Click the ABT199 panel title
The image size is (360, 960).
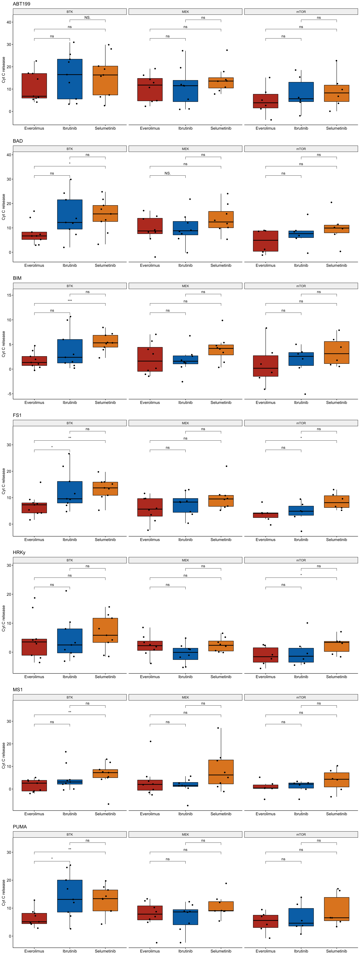click(x=22, y=4)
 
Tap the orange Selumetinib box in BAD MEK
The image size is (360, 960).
click(x=221, y=219)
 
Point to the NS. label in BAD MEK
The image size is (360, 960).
click(x=168, y=173)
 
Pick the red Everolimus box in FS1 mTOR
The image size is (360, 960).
click(x=266, y=515)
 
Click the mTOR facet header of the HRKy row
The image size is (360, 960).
click(x=301, y=560)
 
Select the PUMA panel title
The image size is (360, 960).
click(x=20, y=827)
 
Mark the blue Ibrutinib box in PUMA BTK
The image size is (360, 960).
click(x=70, y=896)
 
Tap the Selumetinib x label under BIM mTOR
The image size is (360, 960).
click(x=336, y=402)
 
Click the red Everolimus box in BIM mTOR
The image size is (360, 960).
click(x=266, y=366)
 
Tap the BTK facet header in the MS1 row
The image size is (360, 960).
click(x=70, y=697)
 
